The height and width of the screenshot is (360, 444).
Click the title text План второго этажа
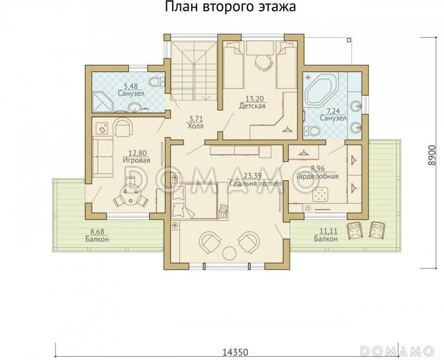click(230, 7)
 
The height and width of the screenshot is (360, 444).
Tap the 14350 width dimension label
click(235, 352)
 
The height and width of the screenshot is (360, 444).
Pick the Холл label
click(195, 126)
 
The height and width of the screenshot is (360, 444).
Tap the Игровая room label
click(137, 160)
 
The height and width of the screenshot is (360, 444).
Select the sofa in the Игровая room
click(102, 155)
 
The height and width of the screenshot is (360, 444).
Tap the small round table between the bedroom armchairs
click(229, 253)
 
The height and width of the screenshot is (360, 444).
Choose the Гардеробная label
click(317, 176)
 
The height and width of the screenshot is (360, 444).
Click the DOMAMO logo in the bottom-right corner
click(397, 351)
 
